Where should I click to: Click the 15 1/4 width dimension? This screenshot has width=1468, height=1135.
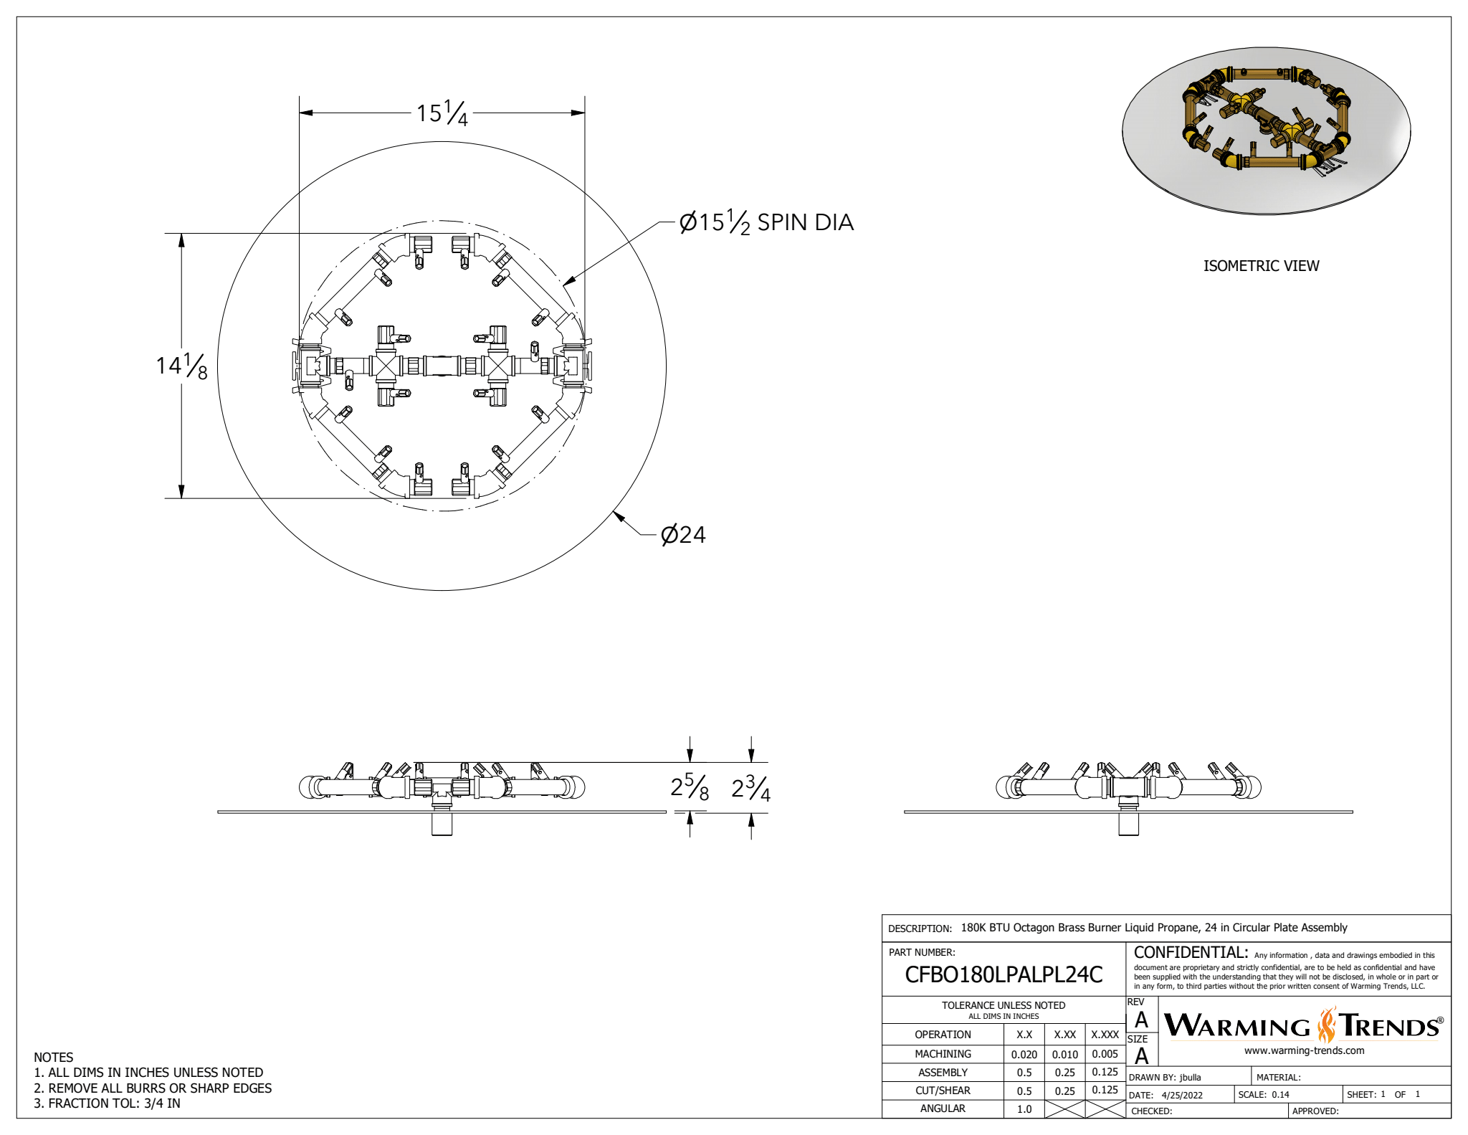tap(442, 113)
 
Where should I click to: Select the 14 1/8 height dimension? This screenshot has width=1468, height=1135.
tap(182, 366)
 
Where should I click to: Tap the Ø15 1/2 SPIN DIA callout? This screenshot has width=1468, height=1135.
tap(766, 222)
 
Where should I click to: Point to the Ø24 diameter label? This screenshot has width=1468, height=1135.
tap(683, 535)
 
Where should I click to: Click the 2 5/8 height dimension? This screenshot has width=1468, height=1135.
tap(690, 787)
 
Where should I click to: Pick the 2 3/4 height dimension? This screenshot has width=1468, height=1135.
tap(750, 787)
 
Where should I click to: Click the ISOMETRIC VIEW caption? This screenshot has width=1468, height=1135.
tap(1261, 266)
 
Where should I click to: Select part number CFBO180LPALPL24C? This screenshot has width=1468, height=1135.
tap(1004, 974)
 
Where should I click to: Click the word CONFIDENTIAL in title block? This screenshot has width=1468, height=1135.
tap(1191, 953)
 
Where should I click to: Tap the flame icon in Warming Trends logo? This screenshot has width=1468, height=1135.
tap(1327, 1025)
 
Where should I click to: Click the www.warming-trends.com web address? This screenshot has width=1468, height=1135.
tap(1304, 1050)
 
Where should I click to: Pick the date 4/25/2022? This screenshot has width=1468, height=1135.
tap(1182, 1095)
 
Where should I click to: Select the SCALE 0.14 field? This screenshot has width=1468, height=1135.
tap(1264, 1095)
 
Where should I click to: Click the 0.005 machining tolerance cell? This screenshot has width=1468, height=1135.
tap(1105, 1054)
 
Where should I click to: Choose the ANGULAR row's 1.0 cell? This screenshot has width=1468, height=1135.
tap(1024, 1109)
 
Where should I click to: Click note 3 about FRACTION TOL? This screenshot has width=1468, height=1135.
tap(108, 1103)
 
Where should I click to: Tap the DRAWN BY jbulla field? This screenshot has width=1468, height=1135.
tap(1165, 1077)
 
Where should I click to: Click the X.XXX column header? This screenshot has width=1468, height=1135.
tap(1105, 1035)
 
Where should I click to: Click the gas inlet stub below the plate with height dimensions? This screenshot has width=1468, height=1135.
tap(442, 825)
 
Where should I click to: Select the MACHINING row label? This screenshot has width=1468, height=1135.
tap(943, 1054)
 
